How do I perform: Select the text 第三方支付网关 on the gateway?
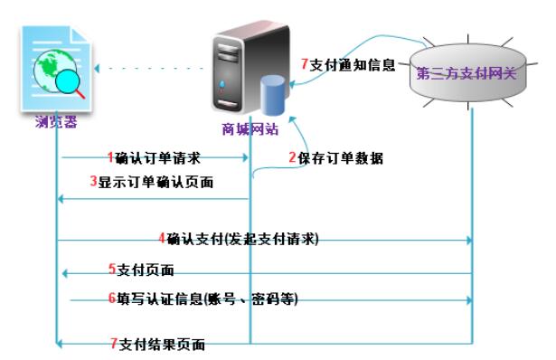[x=466, y=72]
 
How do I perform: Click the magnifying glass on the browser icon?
[x=67, y=85]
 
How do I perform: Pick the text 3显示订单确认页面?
[x=151, y=181]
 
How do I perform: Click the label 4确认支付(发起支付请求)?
[x=239, y=239]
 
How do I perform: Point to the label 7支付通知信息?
[x=348, y=65]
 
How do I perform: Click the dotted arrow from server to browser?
[x=149, y=67]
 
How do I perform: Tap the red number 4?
[x=161, y=239]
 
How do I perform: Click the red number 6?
[x=111, y=298]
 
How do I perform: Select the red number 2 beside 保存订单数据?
[x=292, y=157]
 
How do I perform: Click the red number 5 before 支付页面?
[x=111, y=270]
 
